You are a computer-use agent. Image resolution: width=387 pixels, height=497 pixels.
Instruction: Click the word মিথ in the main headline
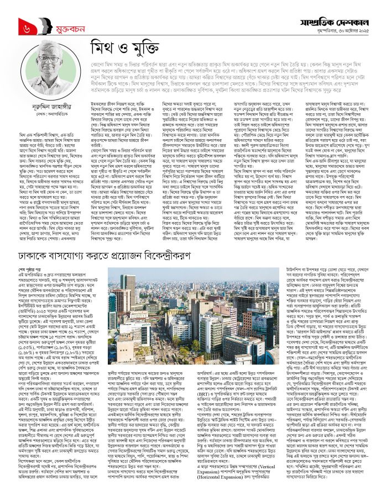coord(104,56)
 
